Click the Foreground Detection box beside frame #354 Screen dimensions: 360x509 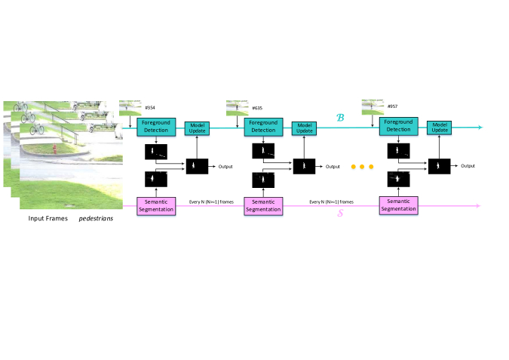point(156,126)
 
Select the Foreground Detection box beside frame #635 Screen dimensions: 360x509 point(263,126)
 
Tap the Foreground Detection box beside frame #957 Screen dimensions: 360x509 point(398,126)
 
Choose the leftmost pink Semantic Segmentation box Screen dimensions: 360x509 point(156,205)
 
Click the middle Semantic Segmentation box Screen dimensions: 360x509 point(263,205)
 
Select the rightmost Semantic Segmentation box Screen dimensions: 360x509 point(398,205)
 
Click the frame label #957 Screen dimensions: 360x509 point(392,106)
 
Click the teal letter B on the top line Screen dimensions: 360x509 point(339,118)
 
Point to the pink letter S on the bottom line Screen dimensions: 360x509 point(339,214)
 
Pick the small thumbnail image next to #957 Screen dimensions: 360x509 point(373,106)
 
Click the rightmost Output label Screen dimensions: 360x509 point(468,165)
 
